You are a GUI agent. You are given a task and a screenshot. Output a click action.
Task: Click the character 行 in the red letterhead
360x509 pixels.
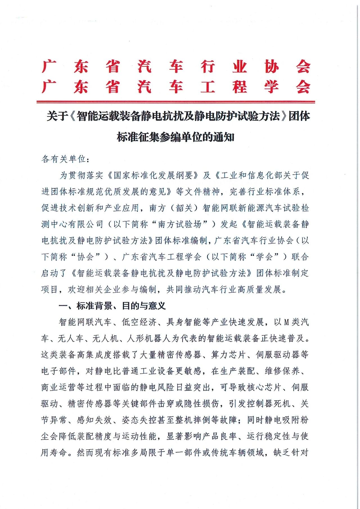208,67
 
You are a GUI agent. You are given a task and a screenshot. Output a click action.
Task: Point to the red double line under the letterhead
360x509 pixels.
175,102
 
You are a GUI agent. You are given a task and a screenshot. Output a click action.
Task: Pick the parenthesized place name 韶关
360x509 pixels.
184,208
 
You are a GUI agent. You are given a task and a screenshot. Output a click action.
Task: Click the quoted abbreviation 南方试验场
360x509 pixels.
180,224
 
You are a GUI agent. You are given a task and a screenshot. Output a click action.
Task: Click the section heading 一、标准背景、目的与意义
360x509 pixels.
112,306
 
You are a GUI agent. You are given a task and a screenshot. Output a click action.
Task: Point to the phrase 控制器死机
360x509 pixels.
269,404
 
